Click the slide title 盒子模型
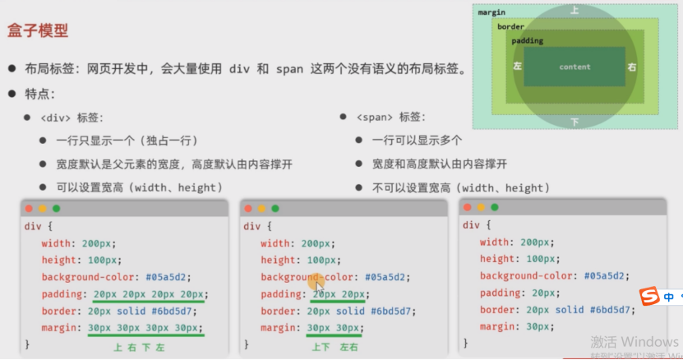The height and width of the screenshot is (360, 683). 38,31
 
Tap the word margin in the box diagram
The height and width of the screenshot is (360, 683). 491,12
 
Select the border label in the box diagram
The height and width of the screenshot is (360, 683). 510,27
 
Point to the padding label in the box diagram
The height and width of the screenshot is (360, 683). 527,41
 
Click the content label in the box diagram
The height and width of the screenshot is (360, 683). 575,67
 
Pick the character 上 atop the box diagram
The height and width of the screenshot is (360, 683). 575,11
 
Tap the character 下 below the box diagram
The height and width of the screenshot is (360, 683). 575,122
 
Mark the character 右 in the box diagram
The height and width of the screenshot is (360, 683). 631,67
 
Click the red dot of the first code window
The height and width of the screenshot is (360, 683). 30,209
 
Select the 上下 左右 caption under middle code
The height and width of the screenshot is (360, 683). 335,348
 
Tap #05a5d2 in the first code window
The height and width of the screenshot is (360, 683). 174,277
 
